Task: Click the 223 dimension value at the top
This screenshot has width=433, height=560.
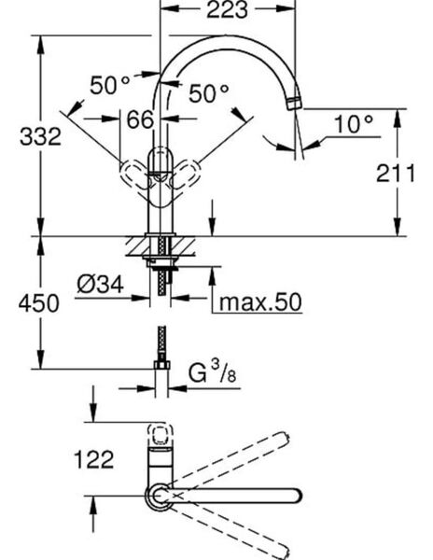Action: (x=228, y=11)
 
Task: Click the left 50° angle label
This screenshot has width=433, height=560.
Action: (x=111, y=85)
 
